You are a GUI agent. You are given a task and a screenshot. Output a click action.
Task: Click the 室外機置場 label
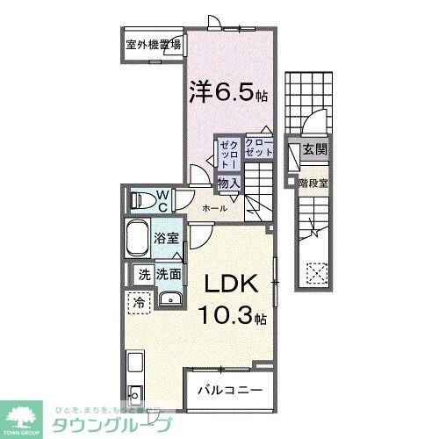pos(153,43)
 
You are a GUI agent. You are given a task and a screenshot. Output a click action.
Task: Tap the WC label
pos(163,199)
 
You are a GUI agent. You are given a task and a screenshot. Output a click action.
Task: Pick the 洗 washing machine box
pos(143,275)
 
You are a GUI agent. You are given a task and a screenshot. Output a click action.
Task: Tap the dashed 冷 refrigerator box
pos(140,303)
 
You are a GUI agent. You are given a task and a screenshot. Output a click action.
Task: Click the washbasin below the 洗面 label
pos(169,300)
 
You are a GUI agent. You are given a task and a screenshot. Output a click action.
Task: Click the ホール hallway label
pos(214,208)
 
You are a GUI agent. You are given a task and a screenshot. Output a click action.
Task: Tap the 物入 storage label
pos(228,183)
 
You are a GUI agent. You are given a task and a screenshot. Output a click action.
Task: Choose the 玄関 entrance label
pos(314,150)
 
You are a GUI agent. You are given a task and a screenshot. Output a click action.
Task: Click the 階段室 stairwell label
pos(313,183)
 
